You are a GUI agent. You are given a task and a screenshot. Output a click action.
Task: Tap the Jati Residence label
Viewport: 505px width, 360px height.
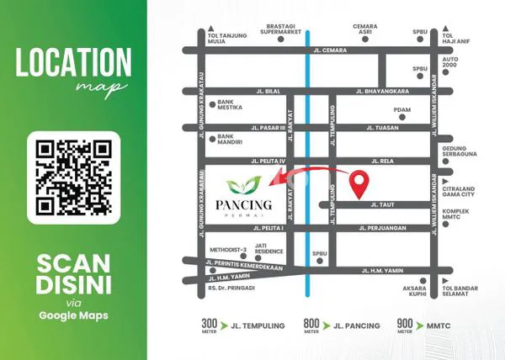270,249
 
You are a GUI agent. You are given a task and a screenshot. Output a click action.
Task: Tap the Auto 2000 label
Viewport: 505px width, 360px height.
449,64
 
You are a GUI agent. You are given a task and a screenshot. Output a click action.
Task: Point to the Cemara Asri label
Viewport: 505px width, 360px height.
364,29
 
